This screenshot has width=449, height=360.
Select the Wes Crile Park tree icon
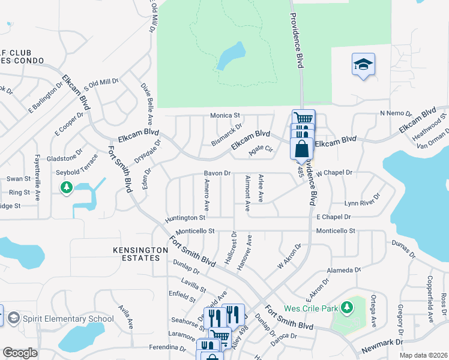click(x=346, y=308)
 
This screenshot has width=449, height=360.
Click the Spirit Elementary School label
click(x=68, y=319)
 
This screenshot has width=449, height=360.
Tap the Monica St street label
click(x=225, y=115)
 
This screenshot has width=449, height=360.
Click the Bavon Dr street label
click(x=217, y=173)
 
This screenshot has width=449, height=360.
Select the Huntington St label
click(x=186, y=218)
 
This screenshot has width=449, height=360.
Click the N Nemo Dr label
click(x=395, y=113)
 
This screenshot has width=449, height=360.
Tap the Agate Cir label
click(x=261, y=151)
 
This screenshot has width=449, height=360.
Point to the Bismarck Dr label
click(x=227, y=135)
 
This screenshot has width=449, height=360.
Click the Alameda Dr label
click(x=344, y=271)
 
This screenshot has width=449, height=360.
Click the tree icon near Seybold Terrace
click(x=66, y=188)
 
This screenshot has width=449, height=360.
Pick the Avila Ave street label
click(x=125, y=316)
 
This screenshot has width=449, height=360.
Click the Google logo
click(x=20, y=353)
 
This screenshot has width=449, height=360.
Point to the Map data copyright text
click(x=423, y=355)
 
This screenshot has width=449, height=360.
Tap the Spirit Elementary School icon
click(x=13, y=318)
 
